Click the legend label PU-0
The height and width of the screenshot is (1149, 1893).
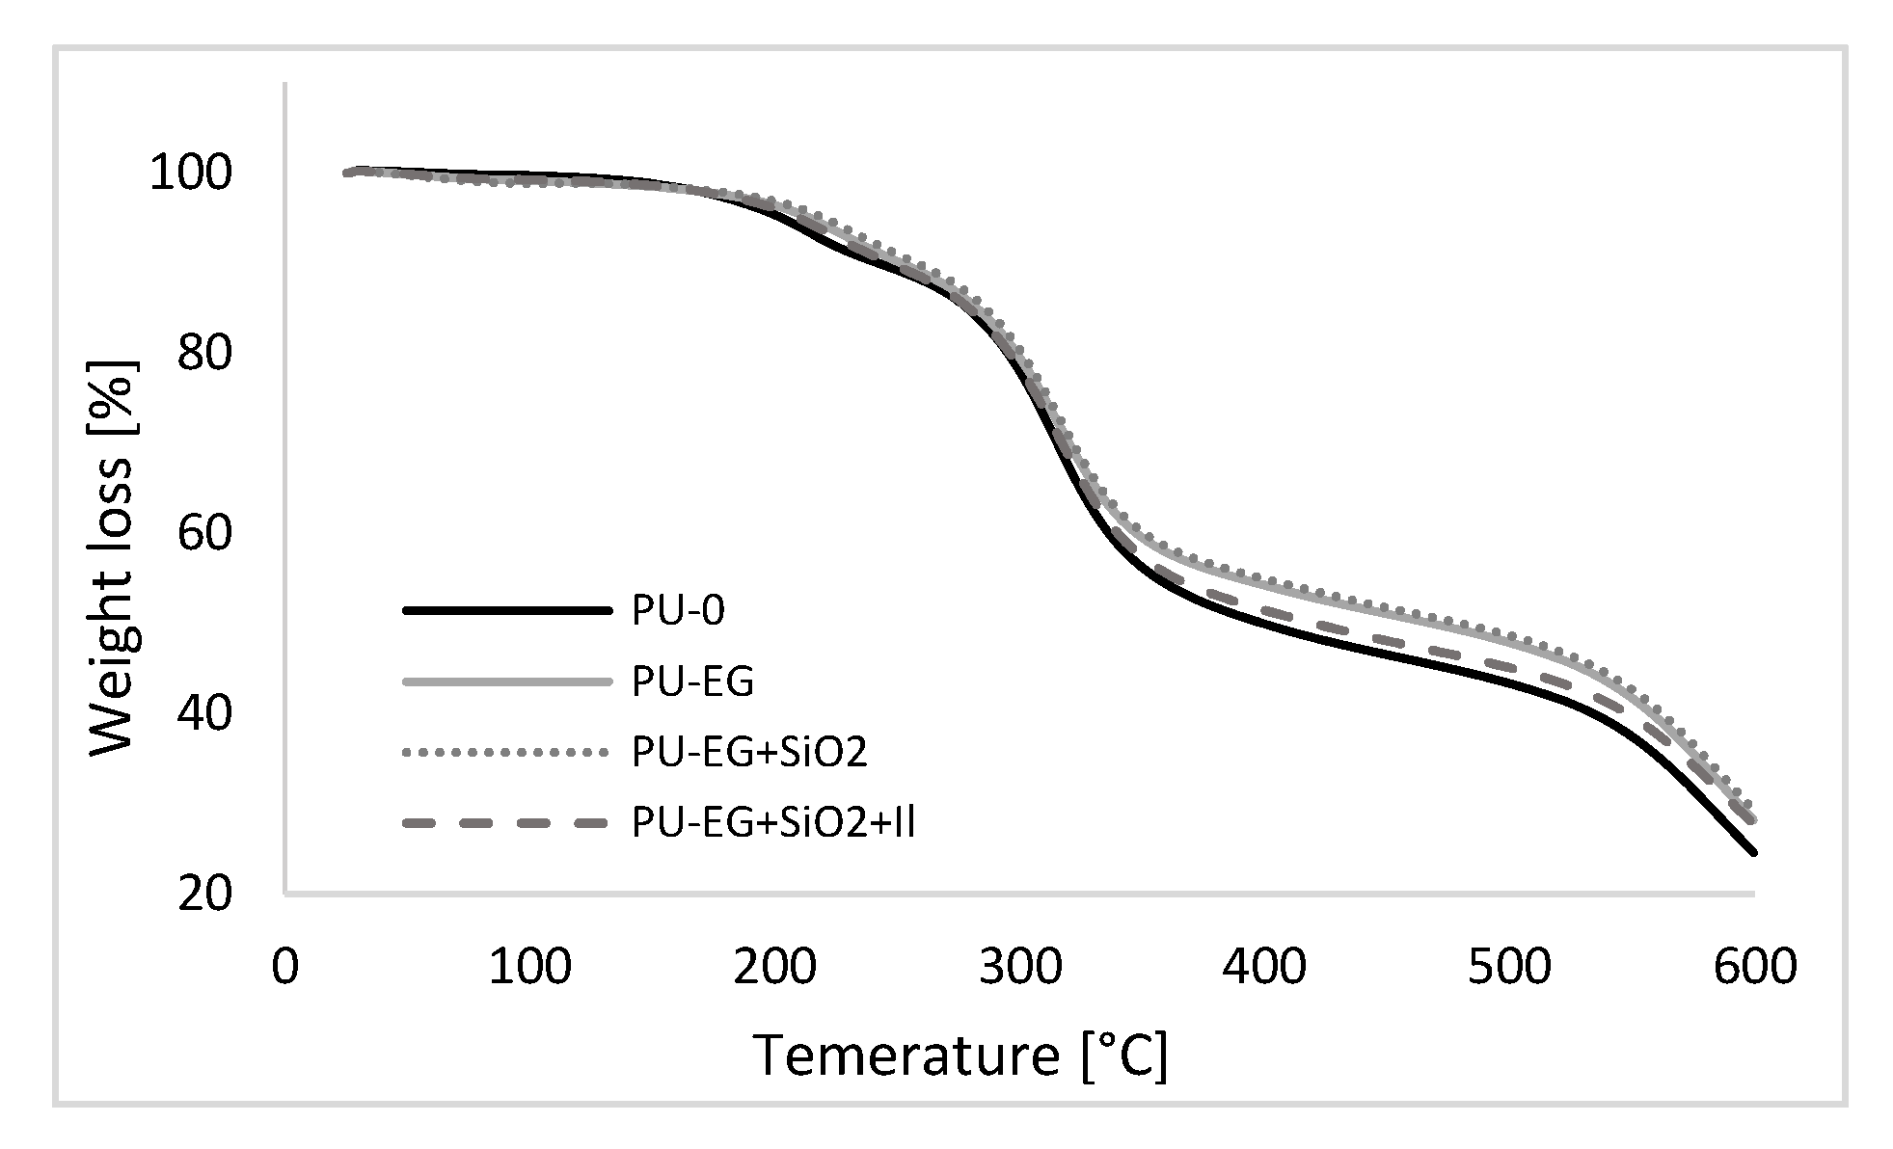(x=678, y=611)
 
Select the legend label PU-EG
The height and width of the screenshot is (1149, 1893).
(x=693, y=681)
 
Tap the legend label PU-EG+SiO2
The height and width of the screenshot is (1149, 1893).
(x=750, y=752)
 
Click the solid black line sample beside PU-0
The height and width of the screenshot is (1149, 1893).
(x=507, y=610)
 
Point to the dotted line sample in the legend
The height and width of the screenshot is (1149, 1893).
(x=507, y=752)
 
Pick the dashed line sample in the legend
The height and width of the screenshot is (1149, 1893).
(x=507, y=822)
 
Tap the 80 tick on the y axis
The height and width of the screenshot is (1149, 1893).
(x=204, y=354)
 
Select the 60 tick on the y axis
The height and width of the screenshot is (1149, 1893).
(x=204, y=533)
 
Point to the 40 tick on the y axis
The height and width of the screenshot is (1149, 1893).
(x=204, y=713)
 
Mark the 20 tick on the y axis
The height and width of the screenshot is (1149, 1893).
(x=204, y=894)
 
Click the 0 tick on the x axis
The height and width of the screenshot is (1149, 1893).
(x=284, y=967)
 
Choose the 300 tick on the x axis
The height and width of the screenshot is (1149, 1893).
(x=1019, y=967)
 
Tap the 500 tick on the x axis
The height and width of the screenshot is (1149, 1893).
(x=1509, y=967)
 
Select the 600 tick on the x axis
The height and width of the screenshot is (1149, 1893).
(x=1754, y=967)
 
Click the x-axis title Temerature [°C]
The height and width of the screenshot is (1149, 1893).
(x=960, y=1055)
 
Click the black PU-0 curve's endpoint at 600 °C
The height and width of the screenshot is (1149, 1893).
(x=1753, y=852)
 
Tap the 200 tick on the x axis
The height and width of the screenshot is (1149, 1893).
(x=774, y=967)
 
